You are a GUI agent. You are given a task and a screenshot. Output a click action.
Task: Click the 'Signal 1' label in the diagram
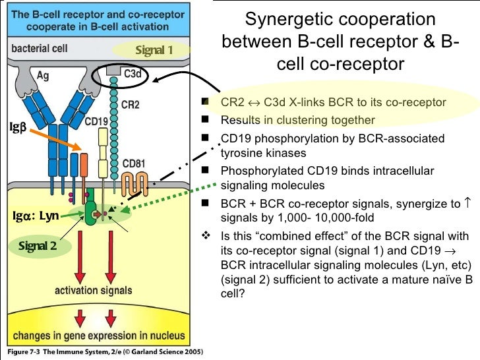[154, 50]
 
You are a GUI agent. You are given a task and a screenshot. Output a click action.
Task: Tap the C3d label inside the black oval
[133, 75]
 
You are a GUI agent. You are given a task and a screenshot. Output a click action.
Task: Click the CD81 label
[134, 163]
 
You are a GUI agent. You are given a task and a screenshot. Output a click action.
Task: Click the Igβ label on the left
[17, 125]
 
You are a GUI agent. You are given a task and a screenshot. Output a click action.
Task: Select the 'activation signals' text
[93, 290]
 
